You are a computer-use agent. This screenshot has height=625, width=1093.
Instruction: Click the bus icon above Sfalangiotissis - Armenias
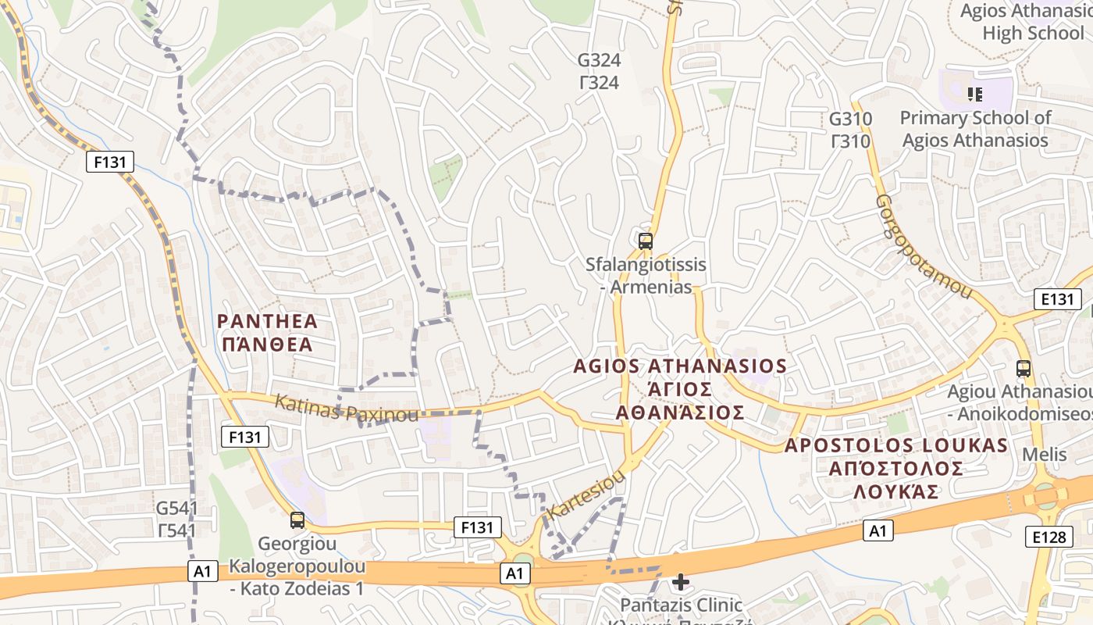point(645,241)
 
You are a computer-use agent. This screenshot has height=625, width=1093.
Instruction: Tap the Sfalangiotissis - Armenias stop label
point(646,276)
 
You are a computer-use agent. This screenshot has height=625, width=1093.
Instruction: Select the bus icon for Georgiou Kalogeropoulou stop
point(297,520)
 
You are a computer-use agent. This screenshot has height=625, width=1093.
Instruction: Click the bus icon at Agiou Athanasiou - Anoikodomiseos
point(1023,369)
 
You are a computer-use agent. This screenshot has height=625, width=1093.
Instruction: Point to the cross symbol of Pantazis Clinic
point(680,582)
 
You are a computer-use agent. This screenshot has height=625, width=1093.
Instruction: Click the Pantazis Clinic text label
point(681,605)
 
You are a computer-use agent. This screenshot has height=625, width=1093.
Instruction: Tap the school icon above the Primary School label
point(974,95)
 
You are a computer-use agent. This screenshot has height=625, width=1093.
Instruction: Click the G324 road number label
point(599,71)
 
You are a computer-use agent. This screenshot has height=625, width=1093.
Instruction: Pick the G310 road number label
point(850,130)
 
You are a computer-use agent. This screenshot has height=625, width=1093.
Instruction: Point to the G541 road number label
point(176,520)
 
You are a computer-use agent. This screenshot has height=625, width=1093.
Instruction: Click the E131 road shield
point(1057,298)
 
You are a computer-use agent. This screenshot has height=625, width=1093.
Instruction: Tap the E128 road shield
point(1048,536)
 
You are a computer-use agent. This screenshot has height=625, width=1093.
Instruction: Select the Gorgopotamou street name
point(924,247)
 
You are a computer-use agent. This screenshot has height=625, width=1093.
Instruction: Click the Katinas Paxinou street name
point(346,409)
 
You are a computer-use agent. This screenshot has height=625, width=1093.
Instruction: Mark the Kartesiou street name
point(587,494)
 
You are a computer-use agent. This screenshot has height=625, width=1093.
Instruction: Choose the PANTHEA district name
point(267,333)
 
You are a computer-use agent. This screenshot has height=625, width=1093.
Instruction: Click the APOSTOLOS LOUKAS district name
point(895,468)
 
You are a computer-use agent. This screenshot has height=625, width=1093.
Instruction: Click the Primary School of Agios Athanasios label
point(975,129)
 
